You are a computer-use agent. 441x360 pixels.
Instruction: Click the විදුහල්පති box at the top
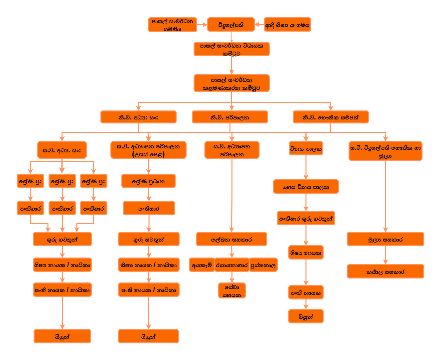click(230, 25)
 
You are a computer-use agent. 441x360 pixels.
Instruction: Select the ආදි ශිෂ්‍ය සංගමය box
click(287, 25)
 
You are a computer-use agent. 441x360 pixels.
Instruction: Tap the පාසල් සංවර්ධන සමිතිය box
click(172, 25)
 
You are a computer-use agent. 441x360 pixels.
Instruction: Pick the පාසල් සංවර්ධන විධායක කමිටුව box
click(231, 49)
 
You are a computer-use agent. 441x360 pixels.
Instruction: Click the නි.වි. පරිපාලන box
click(229, 117)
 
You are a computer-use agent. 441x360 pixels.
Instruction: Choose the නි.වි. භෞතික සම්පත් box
click(330, 117)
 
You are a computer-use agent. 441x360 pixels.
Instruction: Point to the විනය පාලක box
click(306, 148)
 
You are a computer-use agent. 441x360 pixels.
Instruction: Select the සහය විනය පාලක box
click(306, 186)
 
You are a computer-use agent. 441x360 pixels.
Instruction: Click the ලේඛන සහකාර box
click(231, 239)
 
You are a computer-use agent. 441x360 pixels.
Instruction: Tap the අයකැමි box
click(202, 265)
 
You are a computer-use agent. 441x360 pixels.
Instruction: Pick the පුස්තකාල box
click(263, 265)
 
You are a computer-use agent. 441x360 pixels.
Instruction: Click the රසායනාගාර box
click(232, 265)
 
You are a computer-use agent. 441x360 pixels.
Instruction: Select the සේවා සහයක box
click(232, 290)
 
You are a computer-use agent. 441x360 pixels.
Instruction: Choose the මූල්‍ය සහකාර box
click(385, 239)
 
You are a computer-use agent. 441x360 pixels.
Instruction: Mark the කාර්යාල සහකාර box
click(385, 271)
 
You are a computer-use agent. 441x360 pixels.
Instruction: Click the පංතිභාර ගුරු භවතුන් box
click(306, 218)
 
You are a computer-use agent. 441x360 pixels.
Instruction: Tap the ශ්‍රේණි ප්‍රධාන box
click(148, 181)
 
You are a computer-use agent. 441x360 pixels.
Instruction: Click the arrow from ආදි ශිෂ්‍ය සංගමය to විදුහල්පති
click(259, 25)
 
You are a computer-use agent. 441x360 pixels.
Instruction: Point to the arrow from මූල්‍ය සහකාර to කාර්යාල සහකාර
click(385, 255)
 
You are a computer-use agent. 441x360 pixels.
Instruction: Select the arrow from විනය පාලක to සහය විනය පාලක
click(306, 167)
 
